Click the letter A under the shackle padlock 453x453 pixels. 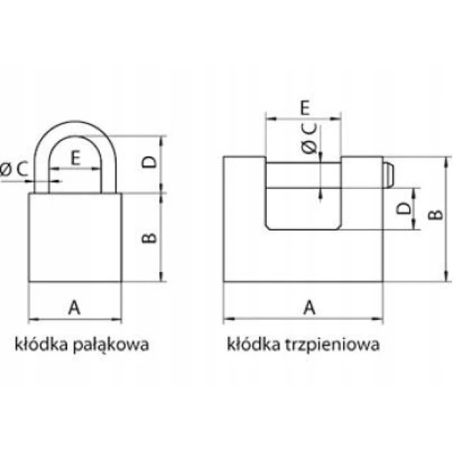(x=74, y=307)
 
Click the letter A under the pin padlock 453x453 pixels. (x=309, y=307)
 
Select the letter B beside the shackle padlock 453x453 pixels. (x=149, y=238)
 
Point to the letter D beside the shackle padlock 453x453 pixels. (x=149, y=162)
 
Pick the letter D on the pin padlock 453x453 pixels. (x=403, y=208)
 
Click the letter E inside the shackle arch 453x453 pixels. (x=76, y=158)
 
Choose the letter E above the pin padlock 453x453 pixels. (x=305, y=108)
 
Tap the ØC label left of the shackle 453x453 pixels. (x=14, y=169)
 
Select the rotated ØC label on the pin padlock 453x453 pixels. (x=309, y=139)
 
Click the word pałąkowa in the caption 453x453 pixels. (x=111, y=345)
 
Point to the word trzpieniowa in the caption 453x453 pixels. (x=332, y=345)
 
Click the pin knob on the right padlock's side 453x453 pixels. (x=388, y=175)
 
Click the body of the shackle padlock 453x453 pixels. (x=75, y=237)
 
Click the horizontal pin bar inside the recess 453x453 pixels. (x=304, y=176)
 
